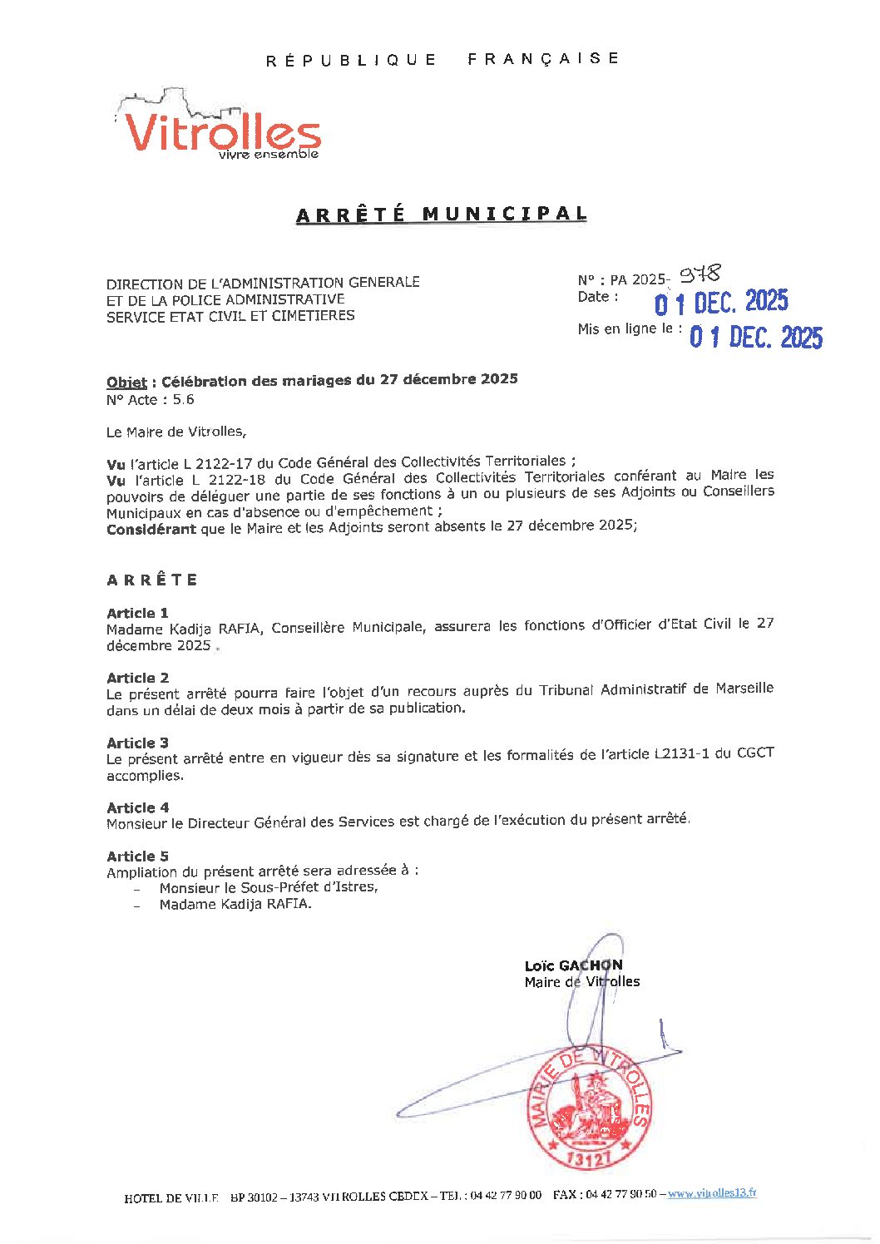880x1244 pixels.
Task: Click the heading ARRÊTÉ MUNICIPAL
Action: point(442,214)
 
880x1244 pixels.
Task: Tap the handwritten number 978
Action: point(700,274)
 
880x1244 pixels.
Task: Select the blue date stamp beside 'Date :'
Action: point(720,302)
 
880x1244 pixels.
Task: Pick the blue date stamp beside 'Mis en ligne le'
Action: point(755,337)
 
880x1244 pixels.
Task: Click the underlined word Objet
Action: point(126,382)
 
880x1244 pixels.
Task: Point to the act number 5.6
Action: point(183,399)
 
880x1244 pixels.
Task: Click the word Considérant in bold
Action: point(151,529)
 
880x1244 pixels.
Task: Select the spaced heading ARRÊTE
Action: point(152,580)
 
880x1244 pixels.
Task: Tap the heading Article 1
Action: point(137,613)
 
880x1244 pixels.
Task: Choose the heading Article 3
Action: point(137,743)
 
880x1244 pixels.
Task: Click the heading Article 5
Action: point(137,856)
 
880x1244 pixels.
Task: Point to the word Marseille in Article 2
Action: point(744,689)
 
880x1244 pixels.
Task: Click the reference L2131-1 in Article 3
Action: point(681,754)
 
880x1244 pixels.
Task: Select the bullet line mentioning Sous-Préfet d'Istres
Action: point(268,887)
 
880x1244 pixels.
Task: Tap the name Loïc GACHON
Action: point(573,965)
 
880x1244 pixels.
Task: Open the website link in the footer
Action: point(712,1193)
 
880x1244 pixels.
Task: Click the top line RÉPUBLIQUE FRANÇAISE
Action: point(442,59)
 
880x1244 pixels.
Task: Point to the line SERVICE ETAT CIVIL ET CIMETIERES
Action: point(230,316)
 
